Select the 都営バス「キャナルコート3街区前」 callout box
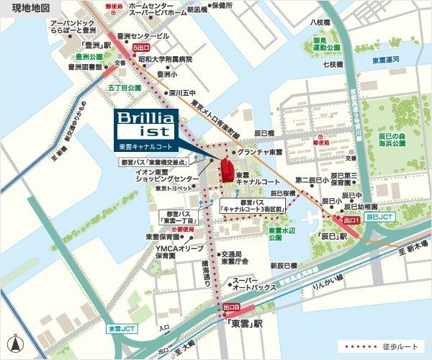253,206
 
